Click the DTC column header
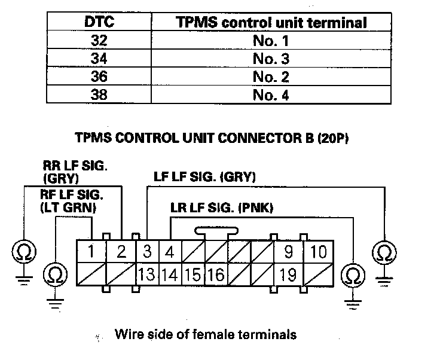[x=99, y=23]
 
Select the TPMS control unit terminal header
[x=271, y=23]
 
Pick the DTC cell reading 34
[x=99, y=59]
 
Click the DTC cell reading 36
[x=99, y=77]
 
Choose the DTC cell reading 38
[x=99, y=94]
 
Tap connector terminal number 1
[x=90, y=252]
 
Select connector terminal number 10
[x=319, y=252]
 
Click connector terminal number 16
[x=216, y=274]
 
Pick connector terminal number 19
[x=288, y=274]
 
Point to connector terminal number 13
[x=147, y=274]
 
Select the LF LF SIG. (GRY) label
[x=204, y=177]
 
